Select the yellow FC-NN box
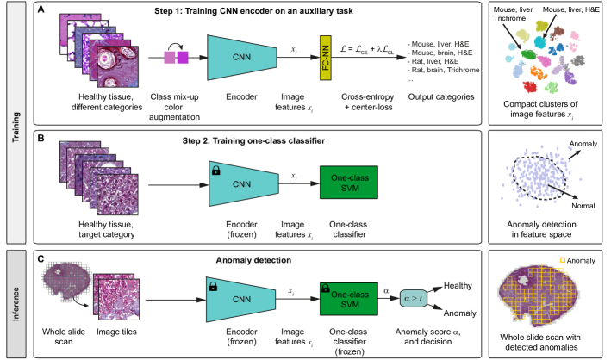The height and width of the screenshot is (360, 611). click(x=327, y=58)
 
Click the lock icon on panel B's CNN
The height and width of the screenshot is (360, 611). click(x=215, y=169)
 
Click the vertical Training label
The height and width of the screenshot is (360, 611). click(x=16, y=123)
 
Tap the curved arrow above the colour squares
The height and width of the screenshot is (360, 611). click(x=176, y=45)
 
